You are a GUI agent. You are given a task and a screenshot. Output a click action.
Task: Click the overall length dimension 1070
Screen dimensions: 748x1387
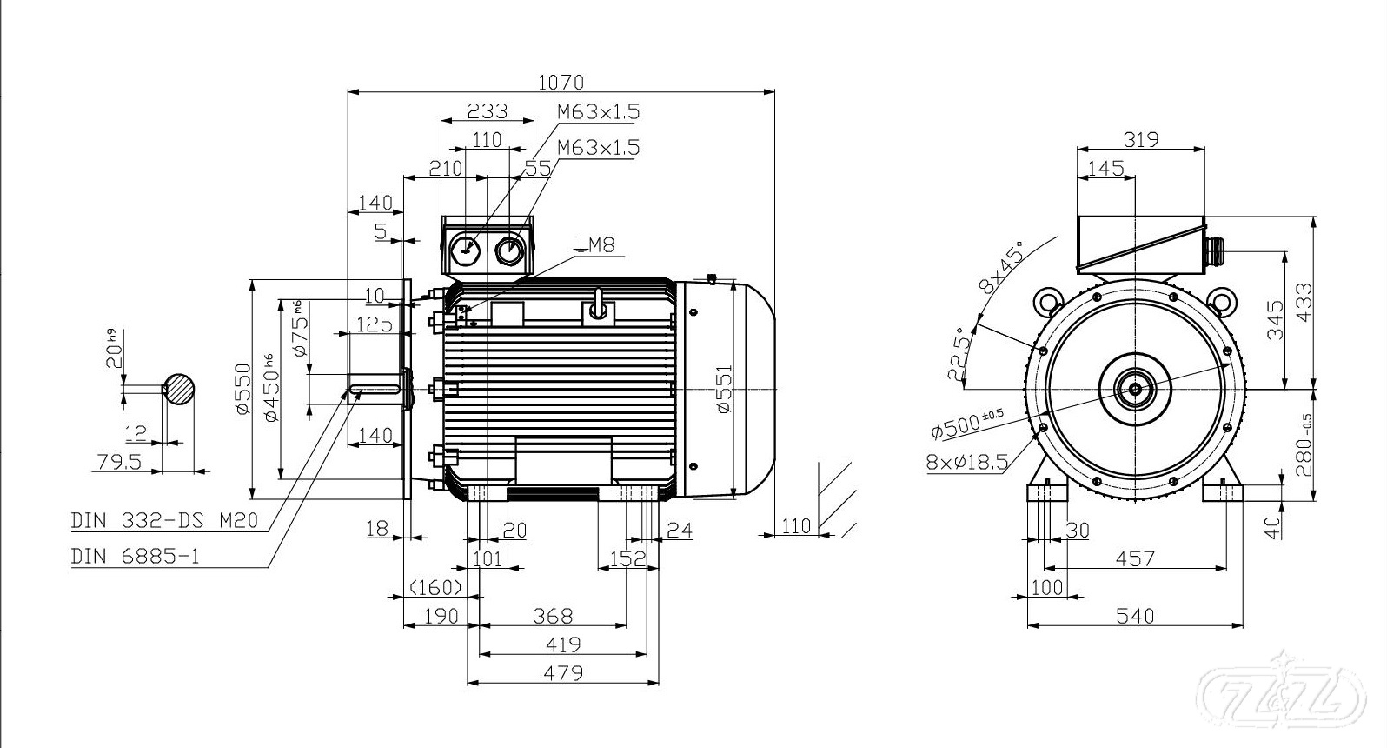point(561,82)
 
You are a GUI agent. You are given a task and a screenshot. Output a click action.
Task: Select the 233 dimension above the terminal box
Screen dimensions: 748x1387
point(488,111)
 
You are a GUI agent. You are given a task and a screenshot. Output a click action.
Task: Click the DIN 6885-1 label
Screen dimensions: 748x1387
point(135,556)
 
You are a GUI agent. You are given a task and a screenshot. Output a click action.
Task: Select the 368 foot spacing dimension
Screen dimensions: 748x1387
point(553,616)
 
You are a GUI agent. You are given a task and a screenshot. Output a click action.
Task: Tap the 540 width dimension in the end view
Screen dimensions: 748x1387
point(1134,616)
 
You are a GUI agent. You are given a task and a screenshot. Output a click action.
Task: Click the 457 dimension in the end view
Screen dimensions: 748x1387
point(1134,558)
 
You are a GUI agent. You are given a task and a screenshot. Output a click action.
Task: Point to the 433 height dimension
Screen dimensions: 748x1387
point(1301,302)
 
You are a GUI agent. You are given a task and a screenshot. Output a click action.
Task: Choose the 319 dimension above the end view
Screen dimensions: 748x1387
point(1140,139)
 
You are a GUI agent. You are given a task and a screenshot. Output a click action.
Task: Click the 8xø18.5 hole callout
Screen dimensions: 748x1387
point(966,462)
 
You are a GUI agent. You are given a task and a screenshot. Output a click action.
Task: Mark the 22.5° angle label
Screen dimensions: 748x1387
point(958,355)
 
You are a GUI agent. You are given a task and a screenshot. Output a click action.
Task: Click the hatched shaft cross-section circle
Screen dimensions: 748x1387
point(179,389)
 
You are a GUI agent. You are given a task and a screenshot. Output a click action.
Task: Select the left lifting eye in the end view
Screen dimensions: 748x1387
point(1045,302)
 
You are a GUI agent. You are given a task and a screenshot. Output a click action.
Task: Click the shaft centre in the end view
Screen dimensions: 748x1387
point(1135,388)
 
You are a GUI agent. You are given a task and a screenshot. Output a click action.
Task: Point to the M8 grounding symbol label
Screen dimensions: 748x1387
point(595,245)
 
